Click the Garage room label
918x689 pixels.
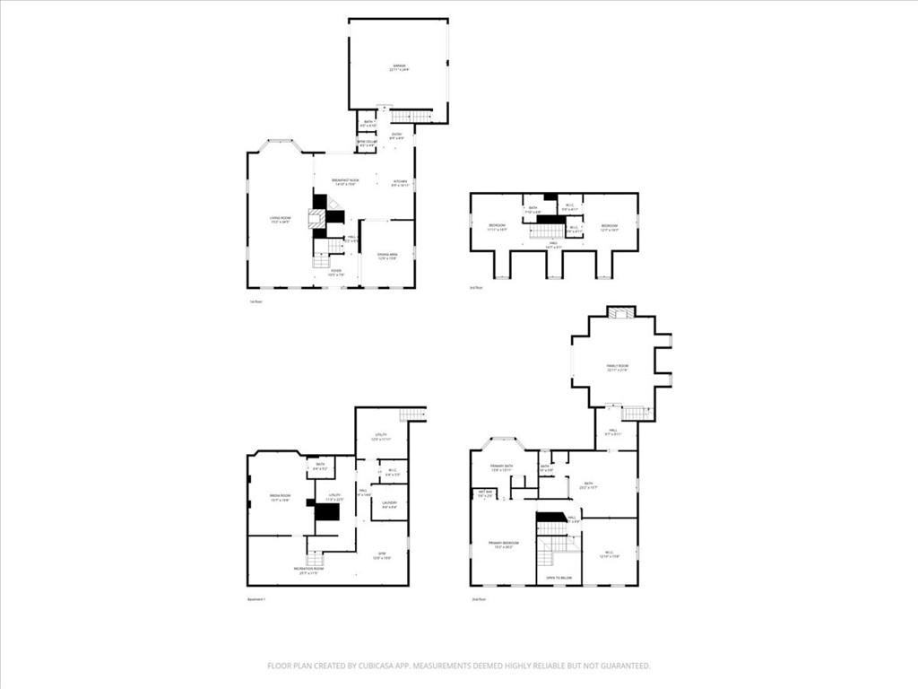click(399, 67)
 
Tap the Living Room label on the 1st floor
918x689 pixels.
click(281, 219)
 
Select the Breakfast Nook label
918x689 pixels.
click(346, 182)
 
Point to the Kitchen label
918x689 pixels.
click(400, 183)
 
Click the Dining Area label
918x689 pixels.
click(387, 257)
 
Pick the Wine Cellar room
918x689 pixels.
click(367, 144)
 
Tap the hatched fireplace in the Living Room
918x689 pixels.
click(316, 219)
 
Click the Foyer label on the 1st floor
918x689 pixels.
click(336, 272)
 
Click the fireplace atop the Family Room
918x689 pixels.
click(619, 312)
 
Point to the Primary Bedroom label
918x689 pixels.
click(503, 545)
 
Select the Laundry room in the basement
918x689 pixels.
click(389, 503)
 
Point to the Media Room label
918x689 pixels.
click(280, 497)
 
